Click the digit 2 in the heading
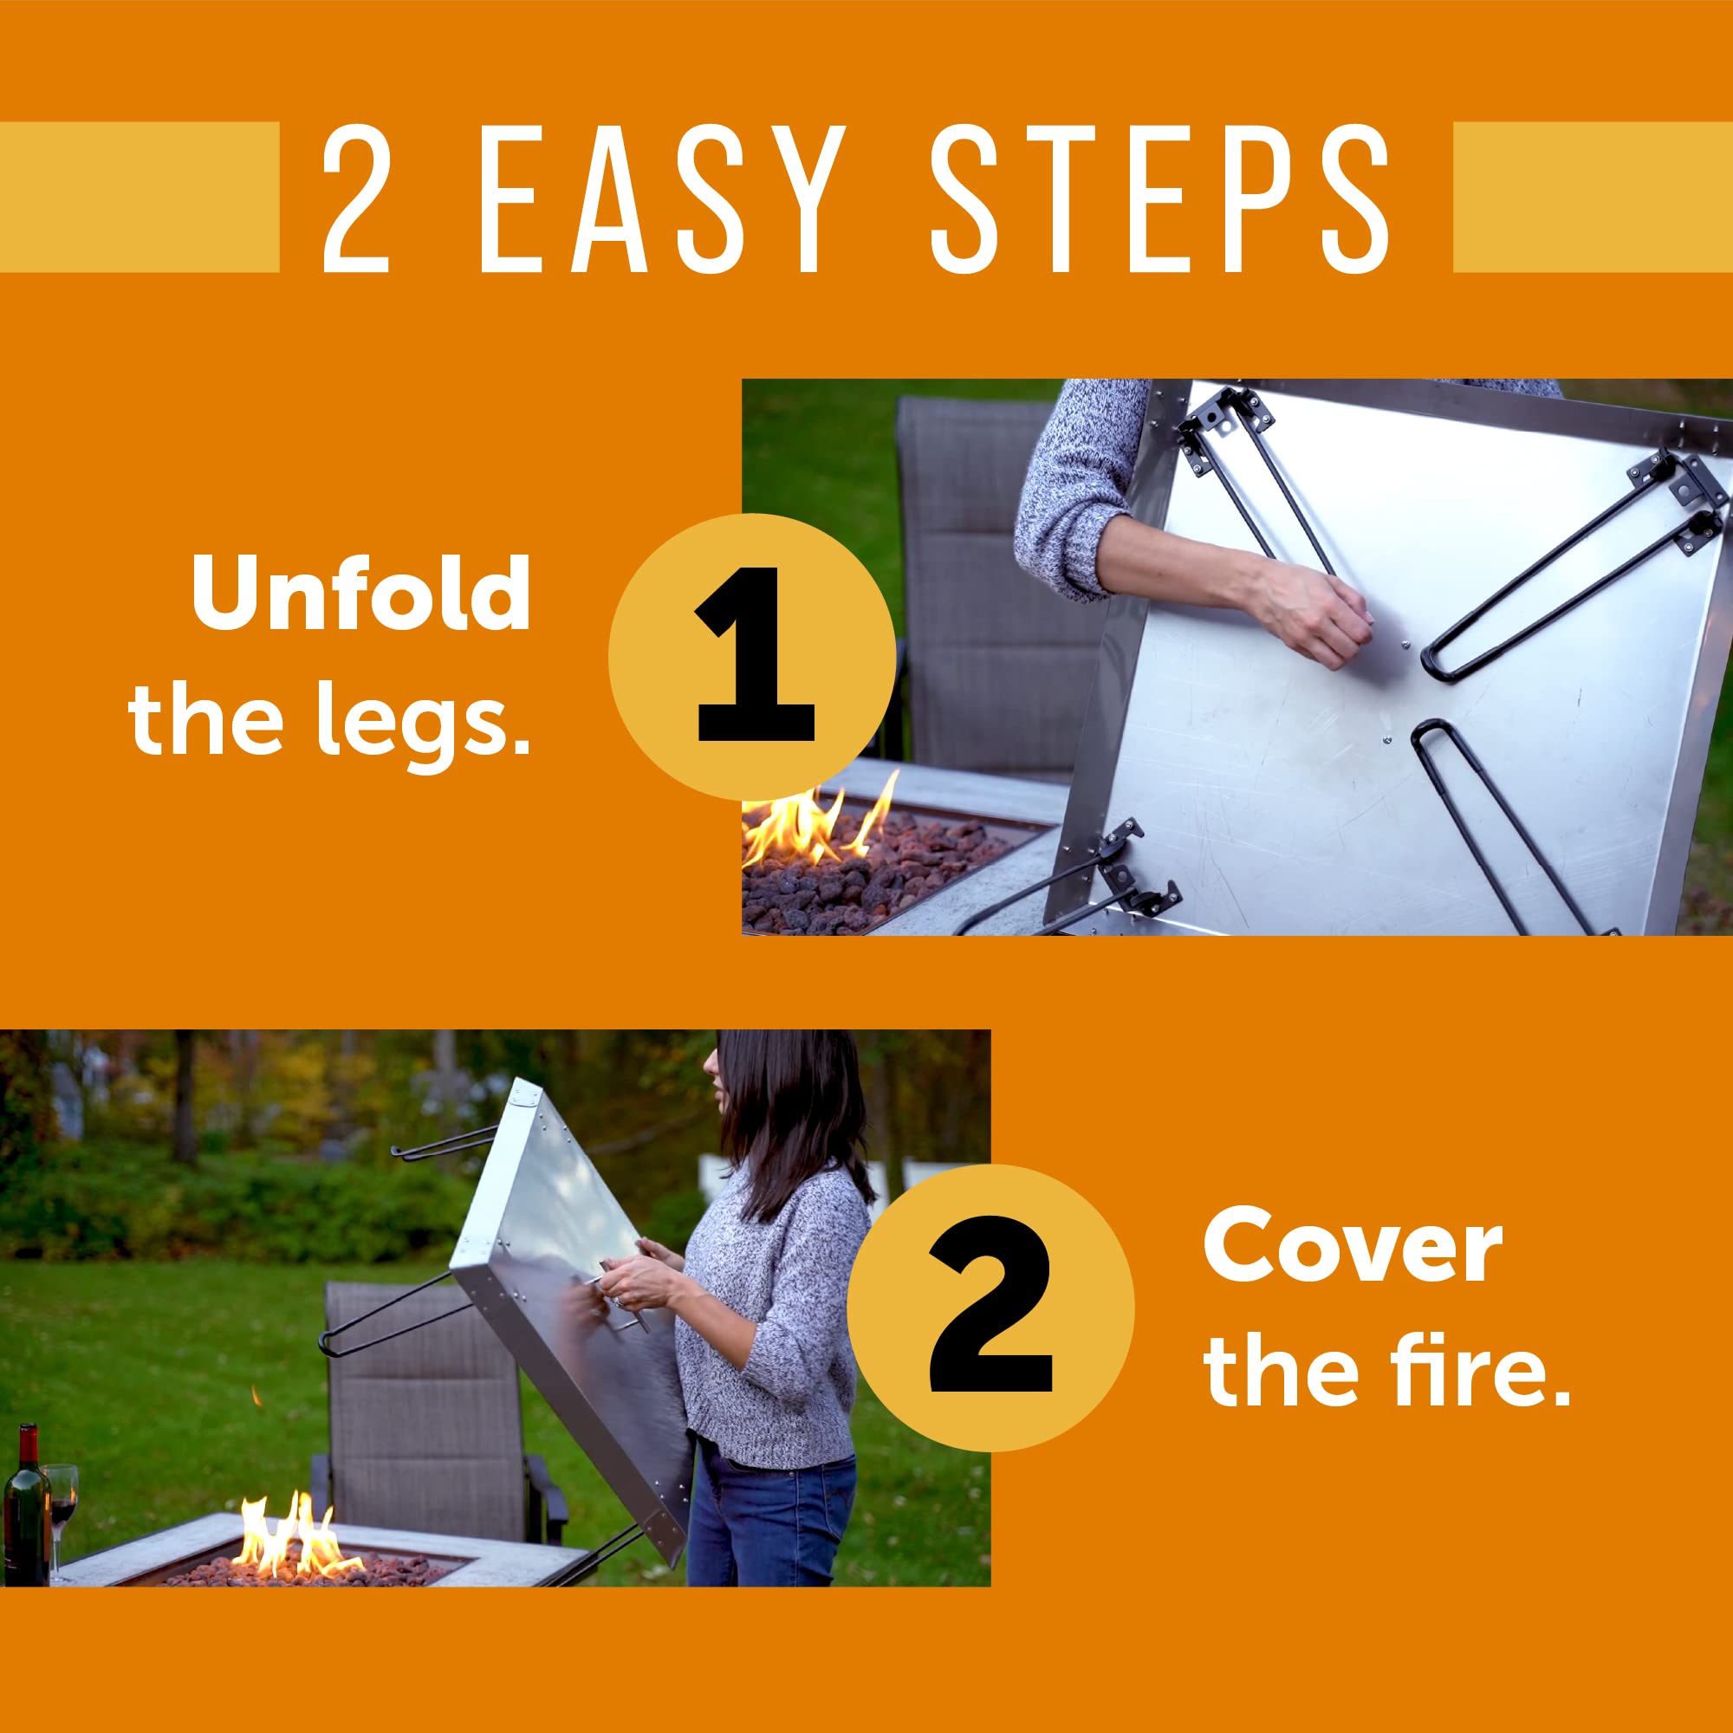pyautogui.click(x=356, y=198)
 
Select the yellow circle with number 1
pyautogui.click(x=751, y=657)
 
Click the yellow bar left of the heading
pyautogui.click(x=139, y=197)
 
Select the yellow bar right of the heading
pyautogui.click(x=1592, y=197)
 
